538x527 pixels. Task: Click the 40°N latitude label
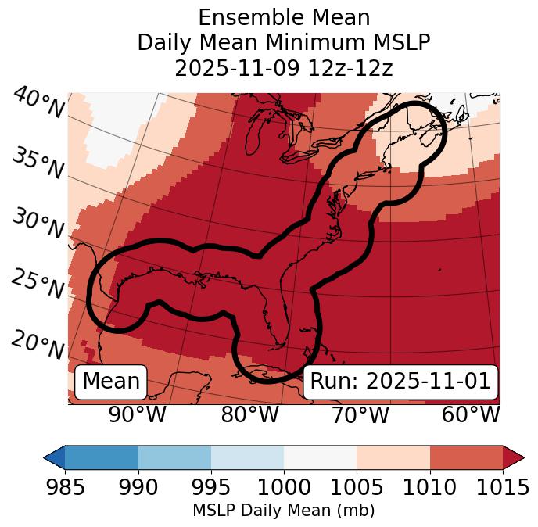(38, 103)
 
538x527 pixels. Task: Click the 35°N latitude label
(37, 163)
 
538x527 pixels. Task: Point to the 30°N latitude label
(37, 224)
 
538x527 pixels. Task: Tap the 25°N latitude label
(37, 285)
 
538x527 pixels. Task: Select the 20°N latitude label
(37, 345)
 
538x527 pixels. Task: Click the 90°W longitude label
(137, 414)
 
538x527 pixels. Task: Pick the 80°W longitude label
(249, 414)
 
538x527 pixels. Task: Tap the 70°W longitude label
(360, 414)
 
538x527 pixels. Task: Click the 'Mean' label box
(111, 382)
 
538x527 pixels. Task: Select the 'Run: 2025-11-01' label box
(400, 382)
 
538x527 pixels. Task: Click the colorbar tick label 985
(65, 487)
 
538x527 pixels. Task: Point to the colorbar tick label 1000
(284, 487)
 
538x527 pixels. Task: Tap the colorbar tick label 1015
(502, 487)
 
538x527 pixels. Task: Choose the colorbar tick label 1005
(357, 487)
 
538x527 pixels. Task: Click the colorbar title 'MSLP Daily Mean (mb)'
(283, 511)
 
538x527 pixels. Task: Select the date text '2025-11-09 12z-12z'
(283, 68)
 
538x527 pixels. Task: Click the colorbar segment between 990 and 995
(174, 457)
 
